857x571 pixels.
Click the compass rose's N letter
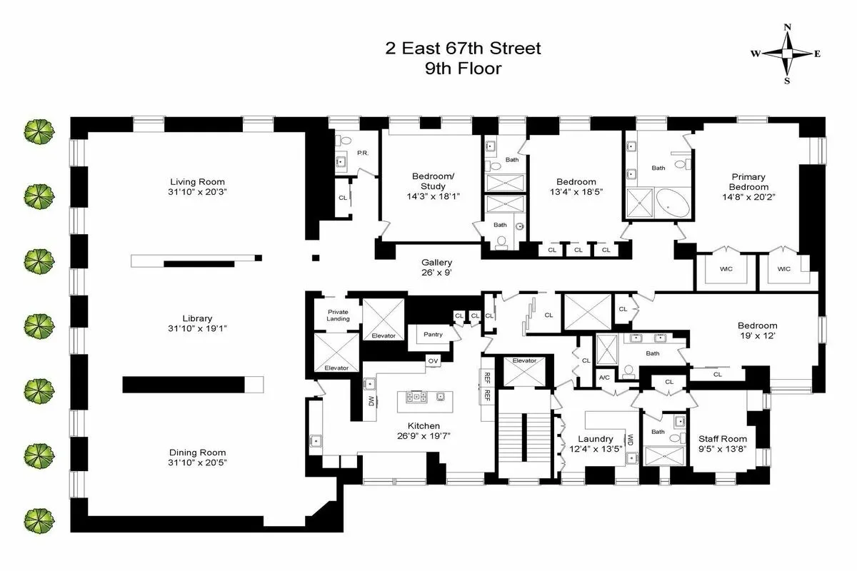pyautogui.click(x=788, y=28)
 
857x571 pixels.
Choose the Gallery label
pyautogui.click(x=436, y=262)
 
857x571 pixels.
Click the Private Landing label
pyautogui.click(x=339, y=315)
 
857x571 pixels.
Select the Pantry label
pyautogui.click(x=433, y=334)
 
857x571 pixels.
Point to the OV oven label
pyautogui.click(x=433, y=360)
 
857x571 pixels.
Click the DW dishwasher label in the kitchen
pyautogui.click(x=371, y=402)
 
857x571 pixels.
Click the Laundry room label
pyautogui.click(x=595, y=438)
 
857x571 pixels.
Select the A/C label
pyautogui.click(x=604, y=377)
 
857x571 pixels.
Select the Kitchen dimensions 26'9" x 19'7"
pyautogui.click(x=424, y=436)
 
